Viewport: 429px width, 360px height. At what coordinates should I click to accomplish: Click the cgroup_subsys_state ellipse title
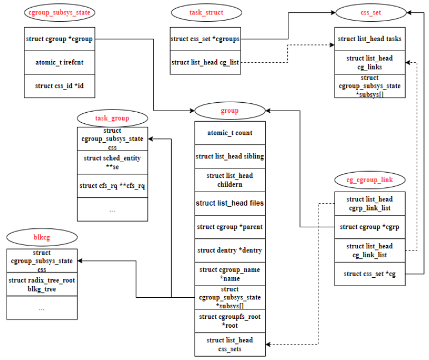[59, 13]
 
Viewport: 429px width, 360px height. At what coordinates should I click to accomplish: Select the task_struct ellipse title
[206, 13]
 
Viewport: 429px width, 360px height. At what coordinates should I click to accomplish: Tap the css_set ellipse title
[371, 13]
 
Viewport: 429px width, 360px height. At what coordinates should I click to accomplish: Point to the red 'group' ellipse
[230, 111]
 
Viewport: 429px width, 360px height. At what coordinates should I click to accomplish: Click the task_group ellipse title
[112, 118]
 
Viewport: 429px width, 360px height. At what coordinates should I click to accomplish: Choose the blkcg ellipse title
[42, 237]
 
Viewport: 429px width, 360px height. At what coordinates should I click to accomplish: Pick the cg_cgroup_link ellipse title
[370, 180]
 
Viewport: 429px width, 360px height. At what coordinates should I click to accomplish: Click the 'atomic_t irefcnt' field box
[59, 62]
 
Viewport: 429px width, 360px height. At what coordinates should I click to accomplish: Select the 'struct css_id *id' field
[59, 86]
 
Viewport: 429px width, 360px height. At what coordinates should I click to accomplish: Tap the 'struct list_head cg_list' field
[205, 62]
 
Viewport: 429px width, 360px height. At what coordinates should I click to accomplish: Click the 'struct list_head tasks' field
[370, 39]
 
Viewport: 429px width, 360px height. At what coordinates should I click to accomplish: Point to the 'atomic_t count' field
[230, 133]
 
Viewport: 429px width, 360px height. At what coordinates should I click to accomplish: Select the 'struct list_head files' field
[230, 203]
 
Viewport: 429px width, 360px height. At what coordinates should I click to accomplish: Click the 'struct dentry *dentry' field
[230, 251]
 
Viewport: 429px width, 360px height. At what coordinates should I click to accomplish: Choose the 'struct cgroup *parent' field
[230, 227]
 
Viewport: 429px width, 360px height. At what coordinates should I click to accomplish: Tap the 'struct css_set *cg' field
[370, 274]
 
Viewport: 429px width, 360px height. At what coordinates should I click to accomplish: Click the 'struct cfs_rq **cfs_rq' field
[112, 186]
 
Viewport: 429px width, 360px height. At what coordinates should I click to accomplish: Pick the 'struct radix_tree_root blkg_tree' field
[42, 284]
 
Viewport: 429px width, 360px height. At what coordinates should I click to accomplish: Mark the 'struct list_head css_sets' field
[230, 344]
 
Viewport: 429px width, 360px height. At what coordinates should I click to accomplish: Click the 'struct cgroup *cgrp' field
[370, 227]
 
